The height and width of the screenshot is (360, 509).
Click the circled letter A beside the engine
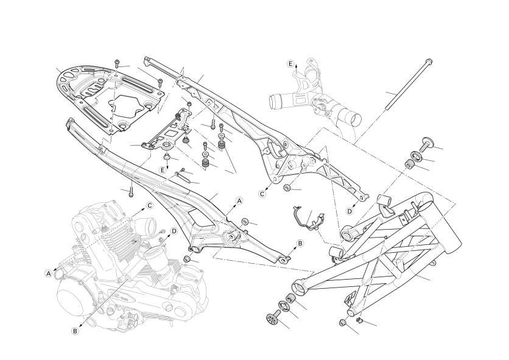48,274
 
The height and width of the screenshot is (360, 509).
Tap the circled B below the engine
75,331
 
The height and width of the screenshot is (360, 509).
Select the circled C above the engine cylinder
149,205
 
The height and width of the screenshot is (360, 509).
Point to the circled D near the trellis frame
349,211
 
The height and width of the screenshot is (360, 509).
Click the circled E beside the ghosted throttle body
291,63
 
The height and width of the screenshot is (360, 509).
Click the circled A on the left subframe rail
239,200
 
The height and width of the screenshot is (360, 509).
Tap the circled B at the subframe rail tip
300,243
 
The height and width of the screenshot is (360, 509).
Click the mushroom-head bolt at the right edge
426,144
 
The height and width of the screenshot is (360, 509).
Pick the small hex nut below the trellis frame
343,322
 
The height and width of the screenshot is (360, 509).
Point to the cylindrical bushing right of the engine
188,261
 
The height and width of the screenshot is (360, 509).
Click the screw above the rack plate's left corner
117,65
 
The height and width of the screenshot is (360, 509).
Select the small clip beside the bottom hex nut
359,319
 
